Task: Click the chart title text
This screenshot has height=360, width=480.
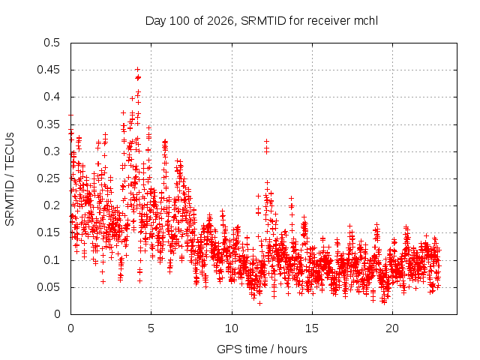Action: (262, 21)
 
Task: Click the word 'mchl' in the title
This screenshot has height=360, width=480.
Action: (366, 21)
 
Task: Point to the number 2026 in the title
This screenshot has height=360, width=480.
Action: (220, 21)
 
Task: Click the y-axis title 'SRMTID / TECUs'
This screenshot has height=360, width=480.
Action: (10, 179)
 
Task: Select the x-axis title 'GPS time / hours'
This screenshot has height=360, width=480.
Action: (262, 349)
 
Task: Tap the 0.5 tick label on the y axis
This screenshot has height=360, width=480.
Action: (52, 43)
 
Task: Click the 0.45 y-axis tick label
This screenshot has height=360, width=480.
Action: (48, 70)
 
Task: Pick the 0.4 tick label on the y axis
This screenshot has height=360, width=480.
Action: (52, 97)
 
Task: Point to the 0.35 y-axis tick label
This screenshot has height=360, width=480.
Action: (48, 124)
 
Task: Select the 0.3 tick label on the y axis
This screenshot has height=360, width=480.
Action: (52, 151)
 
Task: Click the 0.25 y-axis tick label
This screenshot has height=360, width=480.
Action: (48, 178)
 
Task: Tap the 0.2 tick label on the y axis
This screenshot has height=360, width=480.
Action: (52, 205)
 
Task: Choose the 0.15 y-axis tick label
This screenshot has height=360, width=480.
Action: (48, 232)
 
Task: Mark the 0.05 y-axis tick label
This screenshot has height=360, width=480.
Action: (48, 287)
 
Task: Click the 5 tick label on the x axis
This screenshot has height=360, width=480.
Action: (151, 328)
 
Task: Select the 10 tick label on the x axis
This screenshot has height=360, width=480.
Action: (232, 328)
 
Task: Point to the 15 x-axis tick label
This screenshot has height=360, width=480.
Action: (312, 328)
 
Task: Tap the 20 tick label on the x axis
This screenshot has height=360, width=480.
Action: (392, 328)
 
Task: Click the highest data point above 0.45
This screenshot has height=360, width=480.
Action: (138, 69)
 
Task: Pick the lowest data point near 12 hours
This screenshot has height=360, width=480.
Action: (259, 303)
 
